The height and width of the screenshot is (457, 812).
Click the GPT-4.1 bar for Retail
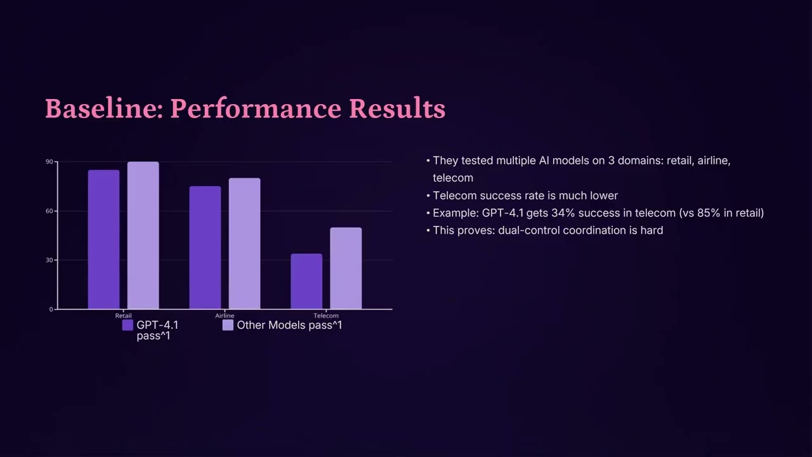[103, 239]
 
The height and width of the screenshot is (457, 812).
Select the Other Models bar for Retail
[143, 235]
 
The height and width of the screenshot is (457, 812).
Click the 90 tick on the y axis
[49, 162]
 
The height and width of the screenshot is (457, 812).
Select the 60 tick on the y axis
[49, 211]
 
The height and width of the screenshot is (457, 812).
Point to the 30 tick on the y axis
[49, 260]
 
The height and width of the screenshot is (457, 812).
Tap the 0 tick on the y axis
[51, 309]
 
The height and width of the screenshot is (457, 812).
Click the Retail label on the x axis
[124, 315]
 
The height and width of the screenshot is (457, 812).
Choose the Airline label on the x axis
[225, 315]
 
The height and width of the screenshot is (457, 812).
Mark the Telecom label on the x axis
[326, 315]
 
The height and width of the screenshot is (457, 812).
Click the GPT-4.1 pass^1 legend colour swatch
[128, 325]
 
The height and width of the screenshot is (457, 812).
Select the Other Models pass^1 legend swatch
[228, 325]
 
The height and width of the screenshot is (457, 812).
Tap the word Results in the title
[397, 109]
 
